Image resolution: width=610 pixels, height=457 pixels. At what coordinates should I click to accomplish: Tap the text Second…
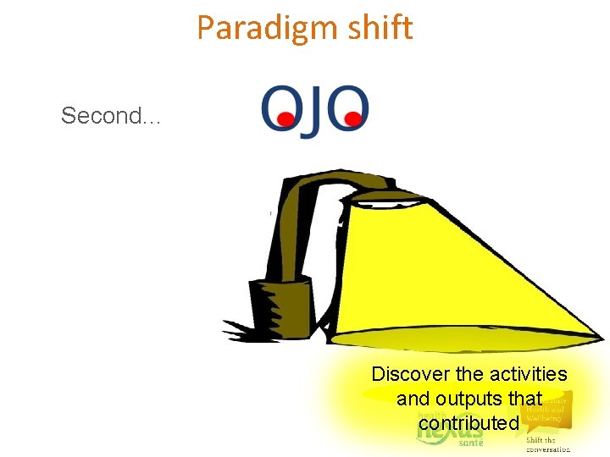click(111, 116)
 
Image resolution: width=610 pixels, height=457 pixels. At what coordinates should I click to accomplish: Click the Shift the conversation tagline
click(547, 444)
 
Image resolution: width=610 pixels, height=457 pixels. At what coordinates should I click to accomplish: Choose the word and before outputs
click(413, 399)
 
